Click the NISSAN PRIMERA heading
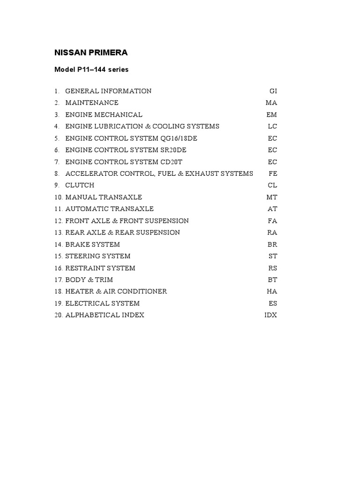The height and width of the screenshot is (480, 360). click(91, 52)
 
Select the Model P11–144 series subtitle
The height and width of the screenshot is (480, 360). click(91, 69)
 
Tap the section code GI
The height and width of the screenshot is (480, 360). click(273, 91)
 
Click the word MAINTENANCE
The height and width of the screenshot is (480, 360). click(92, 103)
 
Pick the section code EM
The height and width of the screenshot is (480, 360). click(272, 115)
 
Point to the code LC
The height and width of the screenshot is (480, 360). click(272, 127)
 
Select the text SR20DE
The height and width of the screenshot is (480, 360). click(172, 150)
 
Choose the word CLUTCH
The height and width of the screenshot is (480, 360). click(80, 185)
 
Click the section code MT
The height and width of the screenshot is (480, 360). click(272, 197)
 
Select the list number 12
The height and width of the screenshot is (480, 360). click(58, 221)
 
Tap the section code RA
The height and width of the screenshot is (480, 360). click(272, 232)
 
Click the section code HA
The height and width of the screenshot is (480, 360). click(272, 292)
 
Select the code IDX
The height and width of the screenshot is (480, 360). click(270, 315)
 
